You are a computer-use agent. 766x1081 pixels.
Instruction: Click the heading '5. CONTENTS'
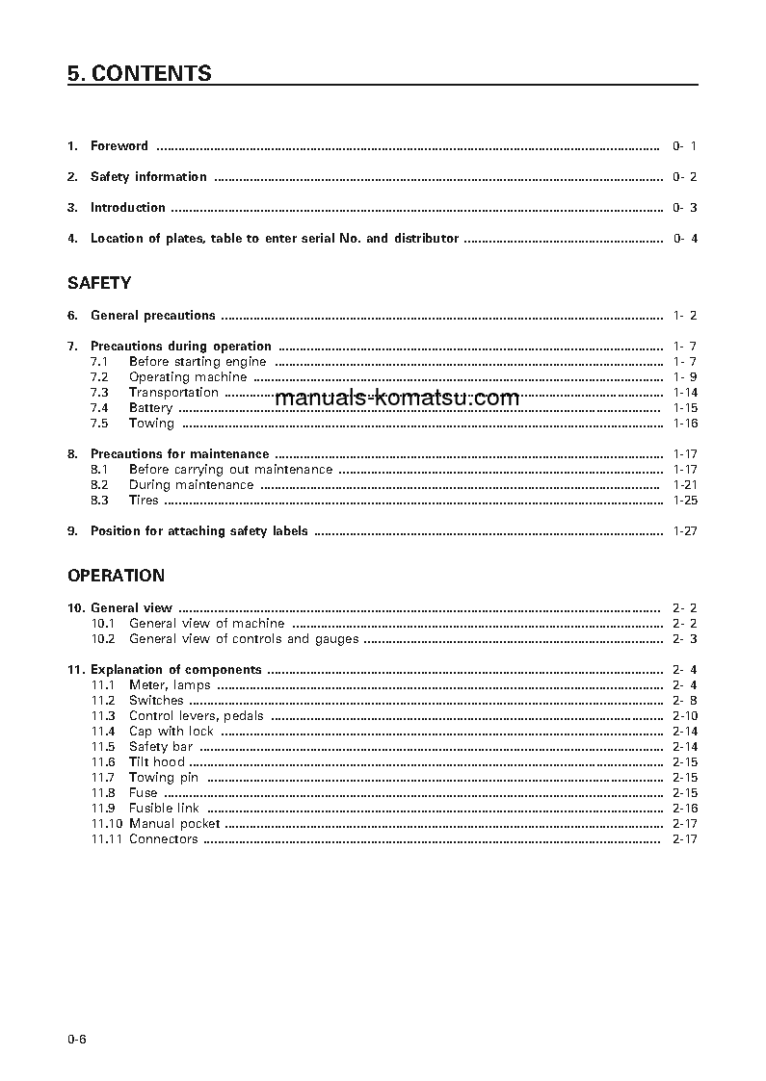(140, 74)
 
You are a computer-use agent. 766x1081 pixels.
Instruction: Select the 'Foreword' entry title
(119, 146)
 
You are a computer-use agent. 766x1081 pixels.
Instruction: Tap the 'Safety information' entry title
(148, 177)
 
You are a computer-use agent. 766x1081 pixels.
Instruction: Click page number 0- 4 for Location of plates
(685, 239)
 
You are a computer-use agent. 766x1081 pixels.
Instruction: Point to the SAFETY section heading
(99, 283)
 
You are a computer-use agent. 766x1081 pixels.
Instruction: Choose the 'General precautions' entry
(152, 316)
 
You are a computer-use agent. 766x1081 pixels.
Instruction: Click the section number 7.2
(99, 377)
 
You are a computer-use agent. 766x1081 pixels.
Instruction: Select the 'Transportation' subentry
(173, 393)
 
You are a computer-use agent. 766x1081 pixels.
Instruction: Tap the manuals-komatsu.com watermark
(397, 399)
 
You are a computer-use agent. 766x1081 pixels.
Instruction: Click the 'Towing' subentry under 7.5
(151, 424)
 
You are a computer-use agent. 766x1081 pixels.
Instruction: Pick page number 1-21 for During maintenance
(685, 485)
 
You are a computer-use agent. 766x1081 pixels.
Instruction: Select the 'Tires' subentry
(144, 501)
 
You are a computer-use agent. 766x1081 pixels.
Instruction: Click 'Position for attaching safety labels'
(199, 531)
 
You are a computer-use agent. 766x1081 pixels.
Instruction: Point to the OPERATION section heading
(116, 576)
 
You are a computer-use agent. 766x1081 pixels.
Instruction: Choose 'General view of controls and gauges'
(244, 639)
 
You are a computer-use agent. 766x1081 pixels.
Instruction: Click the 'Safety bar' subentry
(161, 747)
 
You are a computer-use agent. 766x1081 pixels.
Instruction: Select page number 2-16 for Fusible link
(685, 809)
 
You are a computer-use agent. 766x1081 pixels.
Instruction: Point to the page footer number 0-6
(77, 1039)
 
